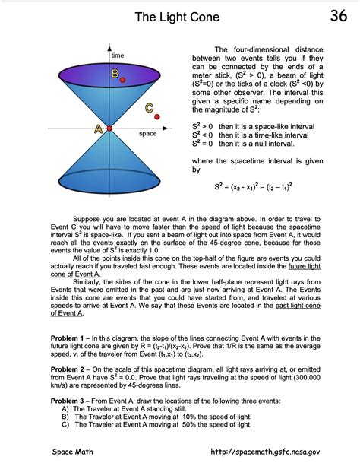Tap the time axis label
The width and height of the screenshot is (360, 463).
click(118, 56)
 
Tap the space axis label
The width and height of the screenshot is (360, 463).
click(148, 134)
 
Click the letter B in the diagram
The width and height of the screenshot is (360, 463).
click(115, 74)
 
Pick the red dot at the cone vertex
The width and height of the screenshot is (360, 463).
click(109, 128)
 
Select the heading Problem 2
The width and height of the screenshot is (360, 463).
click(71, 369)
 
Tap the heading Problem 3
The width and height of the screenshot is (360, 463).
click(71, 401)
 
